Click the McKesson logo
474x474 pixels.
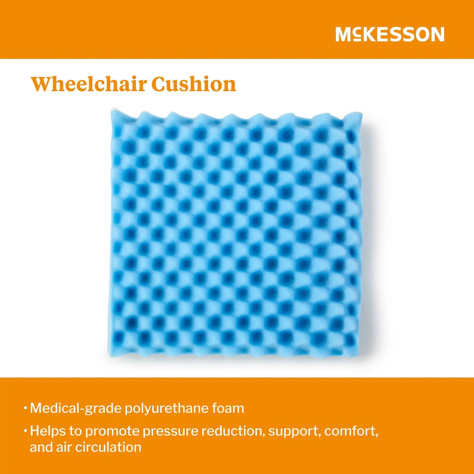point(390,35)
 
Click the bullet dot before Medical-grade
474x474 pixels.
point(25,409)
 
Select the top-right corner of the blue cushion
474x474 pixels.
point(361,114)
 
